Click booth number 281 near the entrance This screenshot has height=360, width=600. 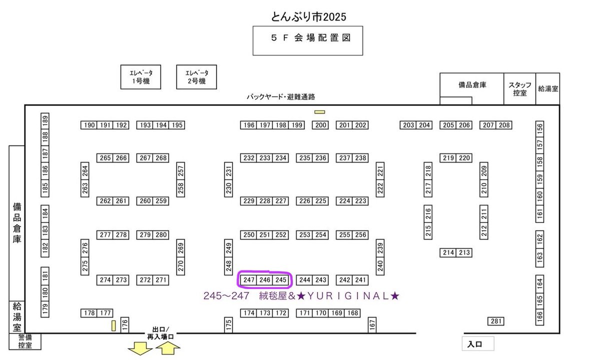point(495,321)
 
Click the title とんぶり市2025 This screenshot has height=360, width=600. point(308,16)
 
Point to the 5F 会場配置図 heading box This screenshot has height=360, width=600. point(307,40)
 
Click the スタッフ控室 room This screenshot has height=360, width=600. point(519,88)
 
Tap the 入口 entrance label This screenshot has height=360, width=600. point(477,344)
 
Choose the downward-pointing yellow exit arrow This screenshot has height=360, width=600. point(140,349)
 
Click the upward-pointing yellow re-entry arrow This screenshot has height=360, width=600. point(168,348)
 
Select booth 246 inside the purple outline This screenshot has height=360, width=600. point(265,280)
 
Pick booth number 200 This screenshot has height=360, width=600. point(320,125)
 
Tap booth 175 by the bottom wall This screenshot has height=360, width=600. point(228,324)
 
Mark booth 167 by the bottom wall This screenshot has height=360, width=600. point(372,324)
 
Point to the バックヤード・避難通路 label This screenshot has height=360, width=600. point(280,97)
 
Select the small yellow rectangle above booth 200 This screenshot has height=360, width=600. point(320,111)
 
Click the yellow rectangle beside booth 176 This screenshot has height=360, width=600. point(113,325)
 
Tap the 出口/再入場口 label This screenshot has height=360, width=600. point(160,333)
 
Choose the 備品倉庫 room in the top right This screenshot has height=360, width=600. point(472,85)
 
